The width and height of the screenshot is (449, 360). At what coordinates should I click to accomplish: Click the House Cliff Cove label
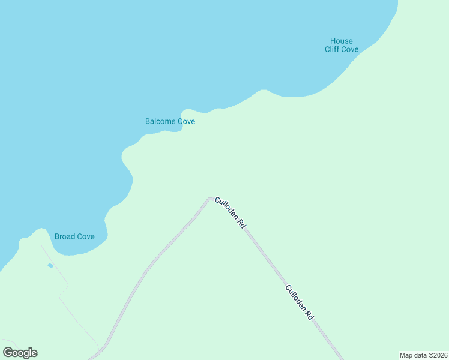coord(342,45)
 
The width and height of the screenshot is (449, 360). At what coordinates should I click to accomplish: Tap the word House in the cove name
coord(342,41)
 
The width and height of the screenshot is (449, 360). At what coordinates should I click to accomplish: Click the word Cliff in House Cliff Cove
coord(333,49)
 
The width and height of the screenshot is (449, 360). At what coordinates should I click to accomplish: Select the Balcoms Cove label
coord(170,121)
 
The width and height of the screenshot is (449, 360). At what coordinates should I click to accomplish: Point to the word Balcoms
coord(160,121)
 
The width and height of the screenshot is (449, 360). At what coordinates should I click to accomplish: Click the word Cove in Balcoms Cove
coord(186,121)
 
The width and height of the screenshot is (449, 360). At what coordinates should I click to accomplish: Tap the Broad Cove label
coord(74,236)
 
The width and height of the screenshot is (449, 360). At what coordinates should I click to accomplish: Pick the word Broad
coord(65,236)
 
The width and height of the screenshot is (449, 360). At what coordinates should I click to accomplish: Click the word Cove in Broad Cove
coord(85,236)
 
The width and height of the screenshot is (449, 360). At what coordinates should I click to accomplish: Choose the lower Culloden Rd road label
coord(300,302)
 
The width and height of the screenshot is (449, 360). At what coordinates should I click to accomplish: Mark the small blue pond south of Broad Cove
coord(50,265)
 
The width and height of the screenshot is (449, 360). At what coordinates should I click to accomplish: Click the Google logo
coord(20,353)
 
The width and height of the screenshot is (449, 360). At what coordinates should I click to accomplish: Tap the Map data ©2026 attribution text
coord(423,355)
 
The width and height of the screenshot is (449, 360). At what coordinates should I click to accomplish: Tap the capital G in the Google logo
coord(7,353)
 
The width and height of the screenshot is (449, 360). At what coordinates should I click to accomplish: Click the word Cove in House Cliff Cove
coord(350,49)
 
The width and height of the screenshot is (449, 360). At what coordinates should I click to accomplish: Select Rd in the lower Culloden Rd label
coord(309,314)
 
